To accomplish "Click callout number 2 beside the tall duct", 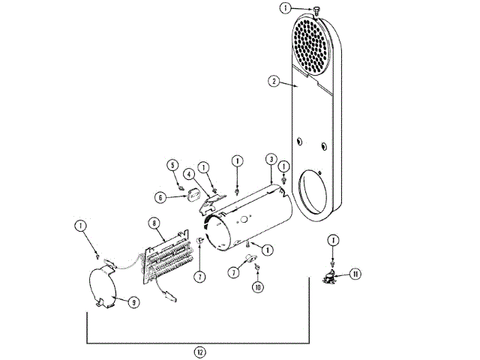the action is (275, 81).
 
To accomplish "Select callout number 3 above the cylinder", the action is (269, 160).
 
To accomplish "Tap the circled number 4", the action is (189, 174).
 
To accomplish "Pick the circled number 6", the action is (160, 197).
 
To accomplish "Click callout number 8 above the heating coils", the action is (153, 223).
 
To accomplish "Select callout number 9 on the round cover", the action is (133, 302).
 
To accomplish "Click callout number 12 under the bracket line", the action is (199, 352).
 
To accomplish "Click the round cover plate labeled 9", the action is (105, 285).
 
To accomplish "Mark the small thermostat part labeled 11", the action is (328, 277).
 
